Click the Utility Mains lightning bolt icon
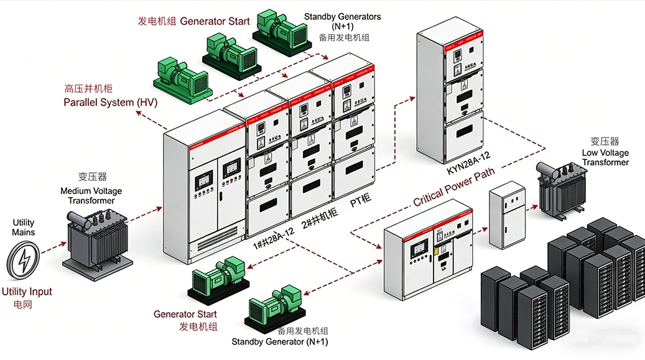24,259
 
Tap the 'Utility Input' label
27,292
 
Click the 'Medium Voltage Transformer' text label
91,196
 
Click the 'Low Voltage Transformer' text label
605,157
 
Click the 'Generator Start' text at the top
215,21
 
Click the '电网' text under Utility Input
22,305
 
